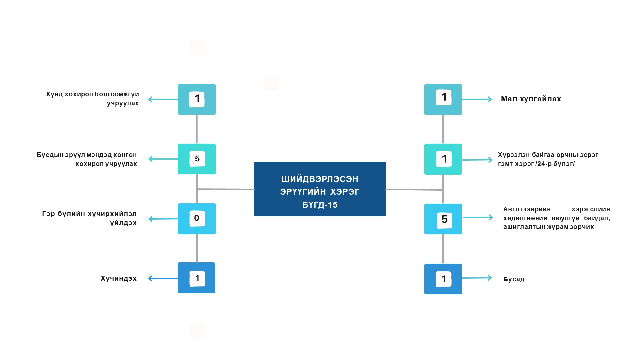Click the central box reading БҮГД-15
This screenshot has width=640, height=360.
click(x=320, y=189)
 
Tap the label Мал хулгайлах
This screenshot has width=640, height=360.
click(x=531, y=99)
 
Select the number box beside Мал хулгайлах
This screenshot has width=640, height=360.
click(x=443, y=99)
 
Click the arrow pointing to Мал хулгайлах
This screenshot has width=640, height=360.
click(x=477, y=99)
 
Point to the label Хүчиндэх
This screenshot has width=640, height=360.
click(x=119, y=278)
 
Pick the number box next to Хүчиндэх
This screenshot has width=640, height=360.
click(x=196, y=278)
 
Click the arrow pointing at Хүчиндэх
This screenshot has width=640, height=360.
click(x=163, y=278)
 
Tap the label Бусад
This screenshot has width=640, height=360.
click(x=514, y=279)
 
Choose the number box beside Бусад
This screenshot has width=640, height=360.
click(x=443, y=279)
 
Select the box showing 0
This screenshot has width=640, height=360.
click(x=197, y=219)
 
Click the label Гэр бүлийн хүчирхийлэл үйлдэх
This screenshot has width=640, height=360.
click(x=89, y=218)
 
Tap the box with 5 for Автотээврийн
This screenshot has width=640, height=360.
click(x=443, y=219)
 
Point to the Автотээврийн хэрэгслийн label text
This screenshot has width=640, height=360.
click(x=556, y=218)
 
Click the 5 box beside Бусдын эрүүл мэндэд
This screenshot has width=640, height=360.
click(x=197, y=159)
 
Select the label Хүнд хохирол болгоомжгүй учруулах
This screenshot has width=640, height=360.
click(x=92, y=99)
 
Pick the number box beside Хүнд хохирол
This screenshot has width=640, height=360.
click(x=197, y=99)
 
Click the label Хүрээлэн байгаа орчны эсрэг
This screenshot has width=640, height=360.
click(x=548, y=159)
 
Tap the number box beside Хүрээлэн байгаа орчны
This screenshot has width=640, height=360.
click(x=443, y=159)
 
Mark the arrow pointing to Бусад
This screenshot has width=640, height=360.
click(x=477, y=278)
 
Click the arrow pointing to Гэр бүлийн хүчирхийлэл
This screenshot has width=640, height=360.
click(x=163, y=219)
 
